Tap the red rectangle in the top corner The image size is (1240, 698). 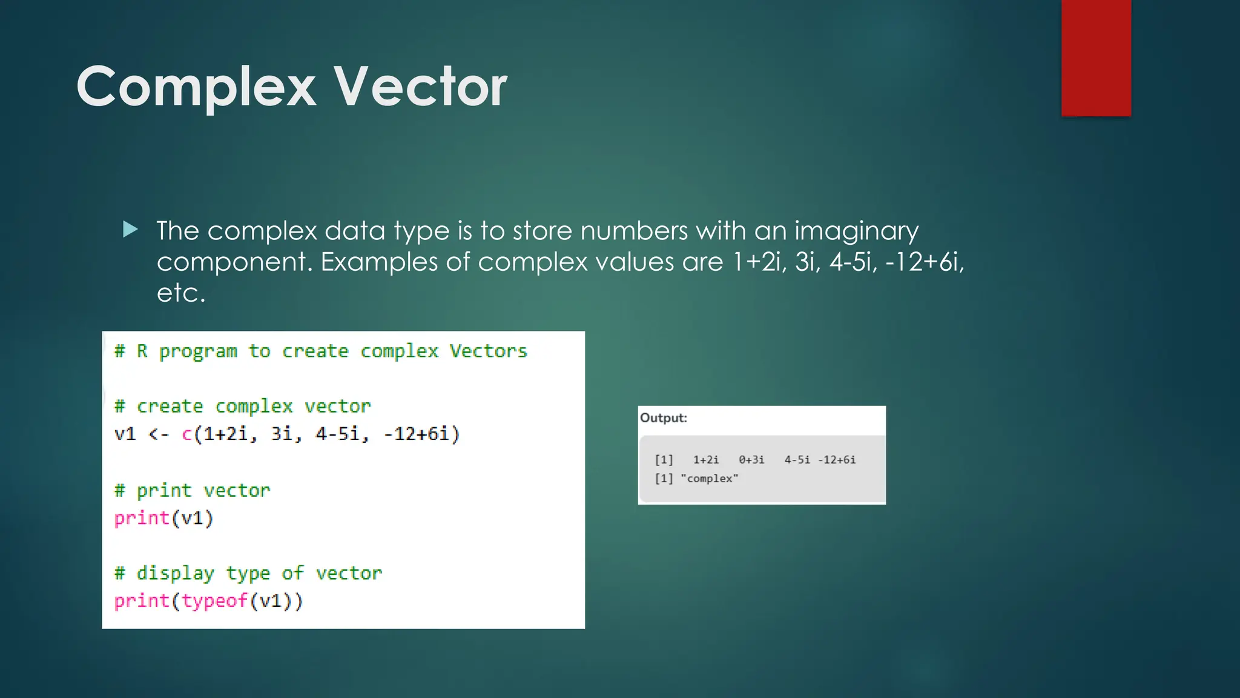click(1096, 58)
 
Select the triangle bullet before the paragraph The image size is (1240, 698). click(130, 230)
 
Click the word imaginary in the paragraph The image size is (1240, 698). click(856, 231)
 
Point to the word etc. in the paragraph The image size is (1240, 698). click(181, 293)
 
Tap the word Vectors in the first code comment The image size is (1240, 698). click(488, 351)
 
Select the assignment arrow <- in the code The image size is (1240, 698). click(158, 434)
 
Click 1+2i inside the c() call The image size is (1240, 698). click(225, 434)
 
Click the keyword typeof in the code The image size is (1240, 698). click(214, 601)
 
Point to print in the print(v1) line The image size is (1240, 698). click(142, 518)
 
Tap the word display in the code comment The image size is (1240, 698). click(175, 573)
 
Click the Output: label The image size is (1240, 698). click(664, 418)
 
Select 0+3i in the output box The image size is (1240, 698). click(751, 460)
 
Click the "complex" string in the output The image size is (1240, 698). click(709, 479)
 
